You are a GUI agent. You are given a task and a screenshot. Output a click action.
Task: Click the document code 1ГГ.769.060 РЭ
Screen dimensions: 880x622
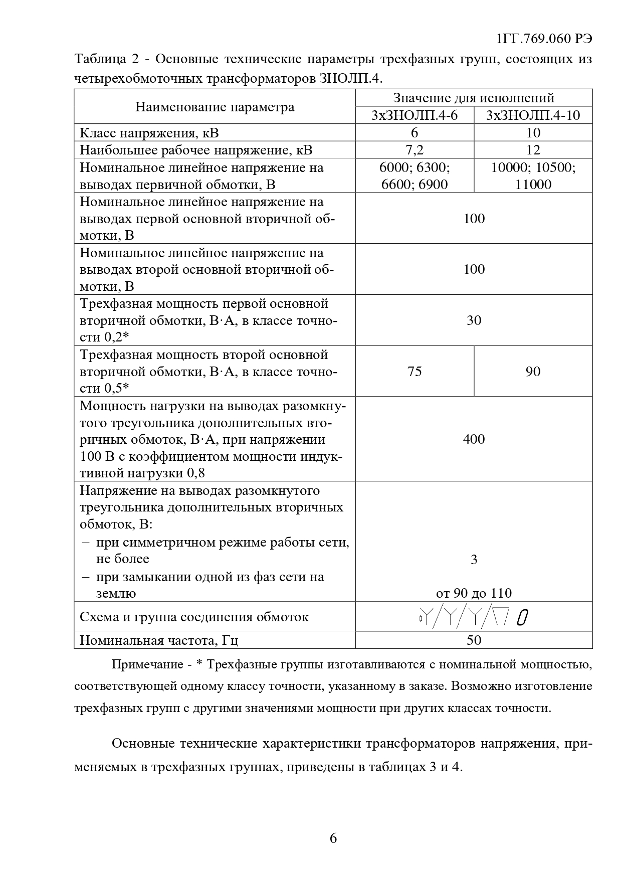[544, 39]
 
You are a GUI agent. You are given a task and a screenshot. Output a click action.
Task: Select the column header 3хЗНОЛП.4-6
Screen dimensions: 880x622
[414, 115]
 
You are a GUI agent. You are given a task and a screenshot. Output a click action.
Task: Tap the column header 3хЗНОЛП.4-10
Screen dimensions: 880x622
[533, 115]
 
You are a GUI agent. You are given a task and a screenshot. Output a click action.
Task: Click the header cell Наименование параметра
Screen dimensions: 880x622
[215, 107]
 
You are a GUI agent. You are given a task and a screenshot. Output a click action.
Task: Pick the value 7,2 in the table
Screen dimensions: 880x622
[414, 149]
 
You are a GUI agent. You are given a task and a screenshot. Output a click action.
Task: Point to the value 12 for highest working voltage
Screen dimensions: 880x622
[533, 149]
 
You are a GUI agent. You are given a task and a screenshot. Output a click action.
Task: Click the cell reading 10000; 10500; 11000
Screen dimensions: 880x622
[533, 175]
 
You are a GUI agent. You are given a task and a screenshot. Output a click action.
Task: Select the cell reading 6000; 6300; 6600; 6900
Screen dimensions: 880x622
[414, 175]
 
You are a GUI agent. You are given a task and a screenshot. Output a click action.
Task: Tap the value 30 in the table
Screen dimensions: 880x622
[474, 320]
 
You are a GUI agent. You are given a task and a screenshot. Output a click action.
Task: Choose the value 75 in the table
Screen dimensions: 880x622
[414, 372]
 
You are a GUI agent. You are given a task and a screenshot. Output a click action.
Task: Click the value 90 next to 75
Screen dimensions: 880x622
[533, 372]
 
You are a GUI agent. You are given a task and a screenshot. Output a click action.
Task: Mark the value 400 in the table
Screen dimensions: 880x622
[474, 439]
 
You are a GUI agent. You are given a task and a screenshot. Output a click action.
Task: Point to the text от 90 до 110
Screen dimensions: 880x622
[474, 593]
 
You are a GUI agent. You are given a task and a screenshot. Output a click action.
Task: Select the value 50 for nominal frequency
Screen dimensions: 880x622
[474, 640]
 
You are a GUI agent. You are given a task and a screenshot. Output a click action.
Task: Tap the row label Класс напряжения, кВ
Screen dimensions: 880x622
[149, 133]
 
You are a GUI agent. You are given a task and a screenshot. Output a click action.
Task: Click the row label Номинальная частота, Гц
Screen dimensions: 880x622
[159, 640]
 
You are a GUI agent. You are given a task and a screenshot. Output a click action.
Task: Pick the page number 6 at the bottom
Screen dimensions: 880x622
[333, 838]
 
